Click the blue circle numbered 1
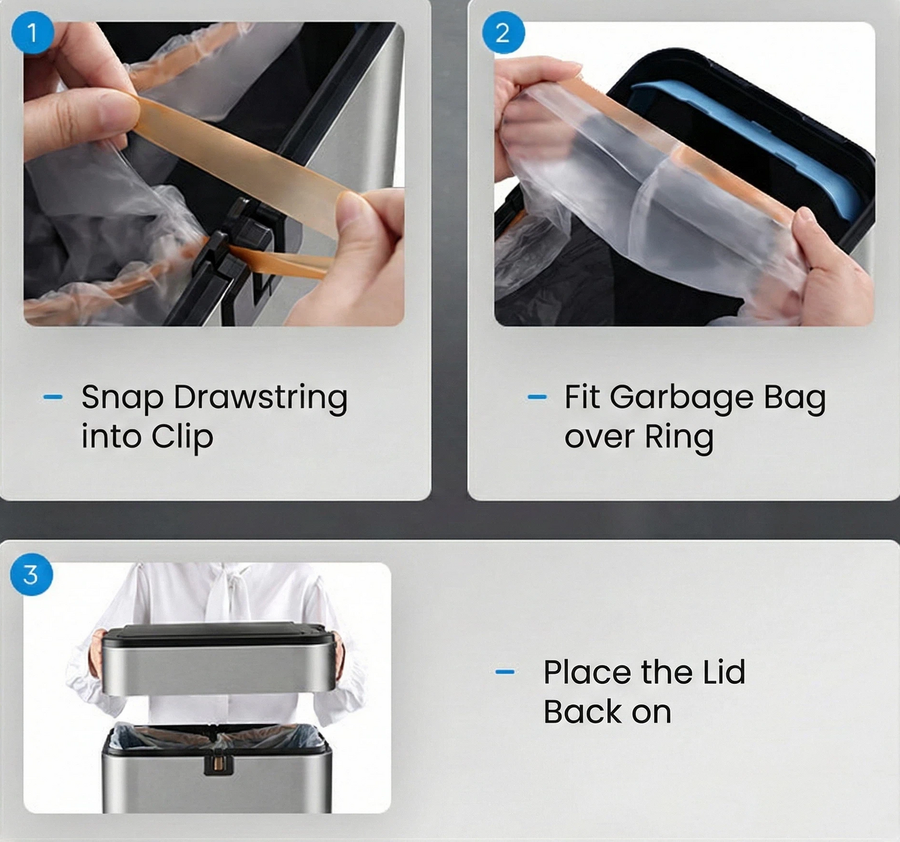coord(32,32)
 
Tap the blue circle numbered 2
coord(503,32)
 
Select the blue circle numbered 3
coord(31,574)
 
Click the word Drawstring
coord(260,398)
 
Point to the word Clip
coord(182,437)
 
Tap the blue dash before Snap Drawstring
coord(53,397)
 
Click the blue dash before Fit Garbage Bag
coord(537,397)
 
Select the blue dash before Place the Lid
coord(505,671)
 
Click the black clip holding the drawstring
coord(235,254)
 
